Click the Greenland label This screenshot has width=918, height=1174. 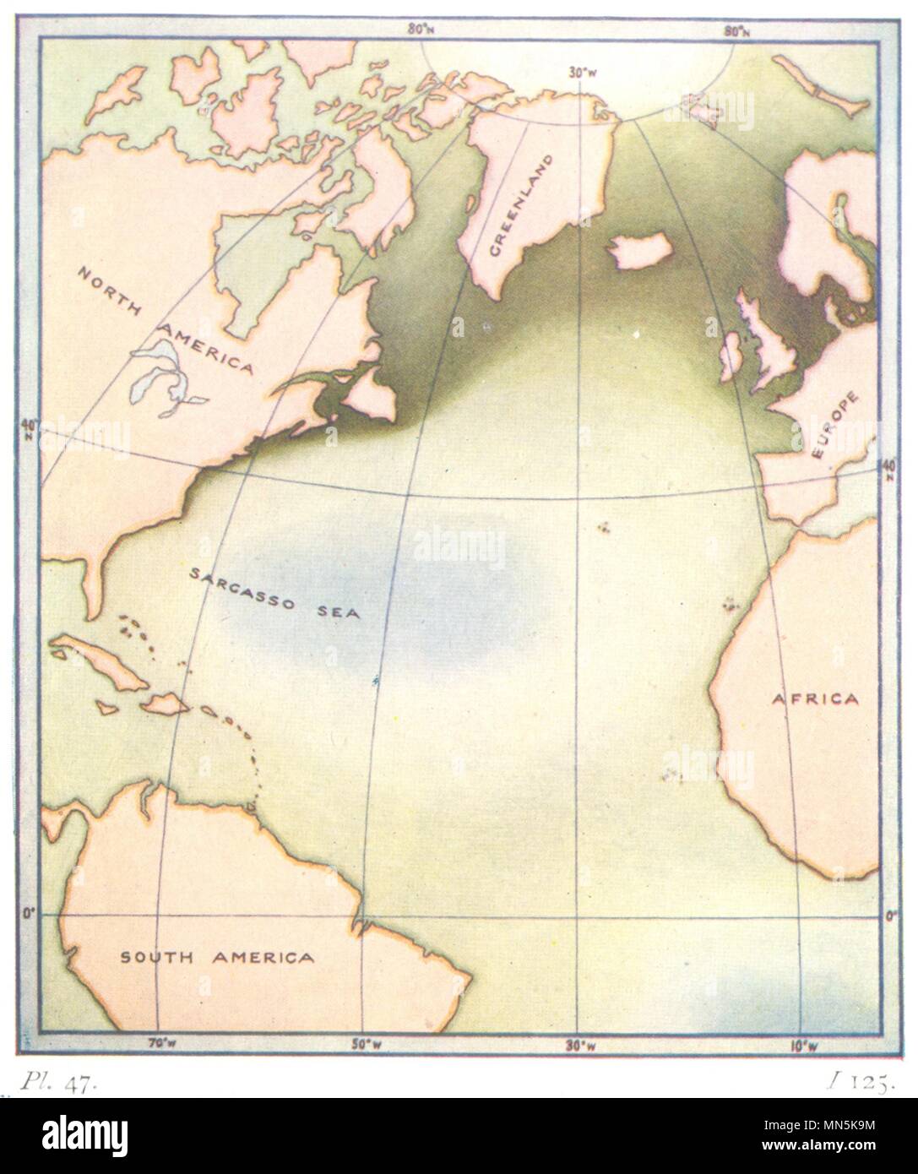click(520, 205)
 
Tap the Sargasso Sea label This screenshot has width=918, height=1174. click(274, 594)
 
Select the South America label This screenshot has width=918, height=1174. click(216, 957)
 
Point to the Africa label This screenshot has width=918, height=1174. click(814, 698)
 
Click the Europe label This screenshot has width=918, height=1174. click(834, 427)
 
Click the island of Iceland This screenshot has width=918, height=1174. click(640, 251)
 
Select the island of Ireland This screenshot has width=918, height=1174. click(731, 356)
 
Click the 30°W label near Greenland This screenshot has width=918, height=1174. click(579, 74)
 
